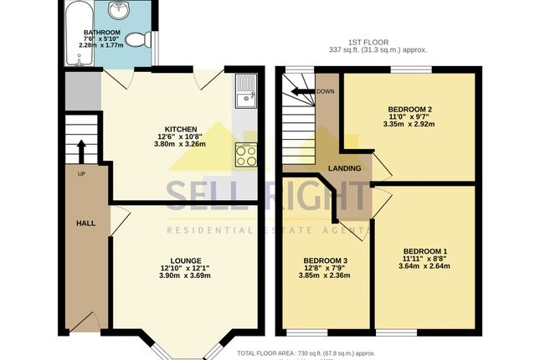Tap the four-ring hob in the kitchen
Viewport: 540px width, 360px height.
click(x=245, y=154)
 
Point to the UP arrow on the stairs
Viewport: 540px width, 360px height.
click(x=81, y=151)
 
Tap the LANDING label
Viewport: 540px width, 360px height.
click(x=344, y=168)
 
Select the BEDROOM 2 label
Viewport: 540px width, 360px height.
click(x=409, y=109)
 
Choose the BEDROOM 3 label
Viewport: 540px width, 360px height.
click(x=324, y=260)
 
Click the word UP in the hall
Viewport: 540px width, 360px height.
click(x=81, y=174)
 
